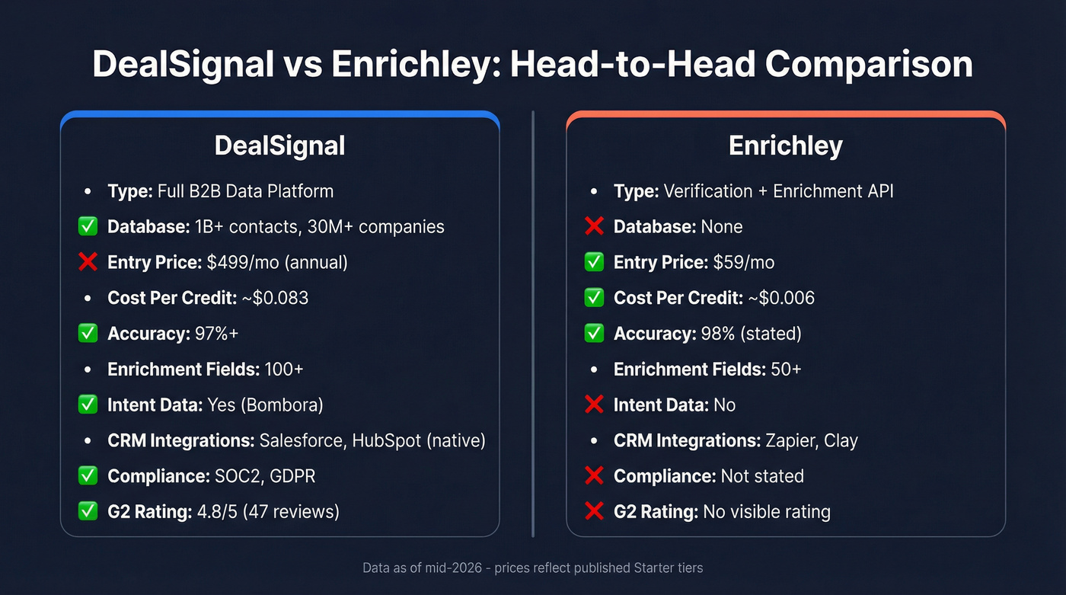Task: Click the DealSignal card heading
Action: pyautogui.click(x=279, y=146)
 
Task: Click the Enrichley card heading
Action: pyautogui.click(x=785, y=146)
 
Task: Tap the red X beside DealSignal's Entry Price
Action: pyautogui.click(x=88, y=262)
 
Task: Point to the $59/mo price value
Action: pyautogui.click(x=743, y=262)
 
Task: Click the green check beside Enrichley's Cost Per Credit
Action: pyautogui.click(x=594, y=298)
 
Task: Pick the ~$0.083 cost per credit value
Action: pyautogui.click(x=275, y=298)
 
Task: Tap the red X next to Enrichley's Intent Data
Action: pyautogui.click(x=594, y=405)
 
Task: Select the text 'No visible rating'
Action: pyautogui.click(x=766, y=512)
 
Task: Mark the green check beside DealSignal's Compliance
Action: pyautogui.click(x=88, y=476)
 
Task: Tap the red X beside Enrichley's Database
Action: pyautogui.click(x=594, y=226)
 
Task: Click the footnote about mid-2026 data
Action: pyautogui.click(x=532, y=568)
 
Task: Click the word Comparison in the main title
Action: pyautogui.click(x=869, y=65)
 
